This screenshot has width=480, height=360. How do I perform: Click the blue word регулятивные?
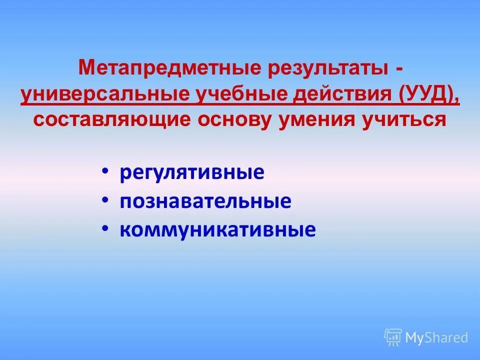(x=192, y=173)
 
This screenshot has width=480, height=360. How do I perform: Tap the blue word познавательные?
(x=205, y=201)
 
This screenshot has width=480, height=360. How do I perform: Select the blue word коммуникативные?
(x=217, y=229)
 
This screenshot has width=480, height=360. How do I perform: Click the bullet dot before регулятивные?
(x=104, y=171)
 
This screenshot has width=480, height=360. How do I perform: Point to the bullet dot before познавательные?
(x=104, y=199)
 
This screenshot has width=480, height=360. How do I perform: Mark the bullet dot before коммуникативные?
(x=104, y=227)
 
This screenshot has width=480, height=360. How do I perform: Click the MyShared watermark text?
(x=436, y=337)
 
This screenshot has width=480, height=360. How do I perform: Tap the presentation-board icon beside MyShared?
(x=393, y=337)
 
